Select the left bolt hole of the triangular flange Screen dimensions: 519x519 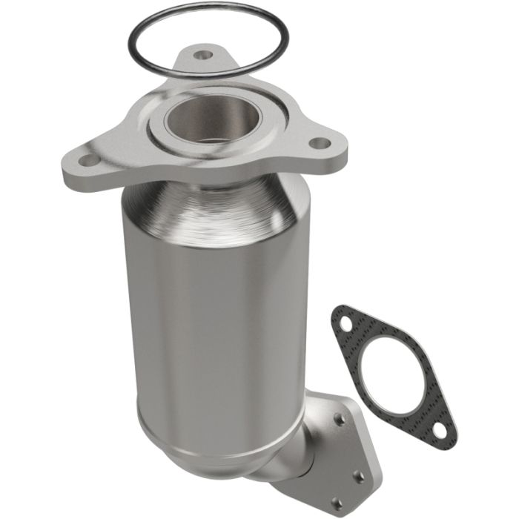pyautogui.click(x=87, y=159)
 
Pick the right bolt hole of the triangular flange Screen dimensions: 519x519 pyautogui.click(x=318, y=142)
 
